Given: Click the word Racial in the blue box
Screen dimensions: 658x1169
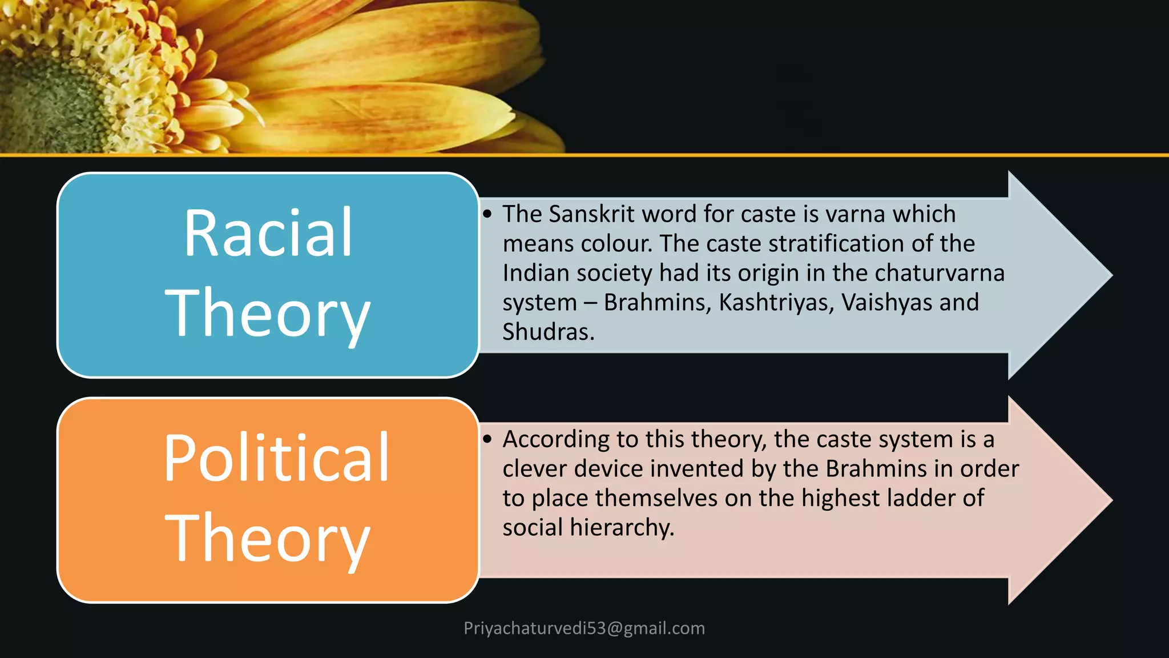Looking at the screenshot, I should point(268,233).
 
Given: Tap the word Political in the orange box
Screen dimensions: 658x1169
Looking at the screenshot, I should point(276,458).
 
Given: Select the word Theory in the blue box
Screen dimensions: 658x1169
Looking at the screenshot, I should point(268,313).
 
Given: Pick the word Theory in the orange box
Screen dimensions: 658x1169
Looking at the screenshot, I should point(268,538).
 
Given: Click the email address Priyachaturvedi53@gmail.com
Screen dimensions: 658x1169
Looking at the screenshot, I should point(584,628).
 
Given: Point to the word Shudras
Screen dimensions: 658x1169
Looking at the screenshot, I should point(548,332).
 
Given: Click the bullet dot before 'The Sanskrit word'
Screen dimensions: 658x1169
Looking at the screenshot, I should point(487,214).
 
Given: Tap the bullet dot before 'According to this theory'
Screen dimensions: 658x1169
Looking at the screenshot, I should point(487,439).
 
